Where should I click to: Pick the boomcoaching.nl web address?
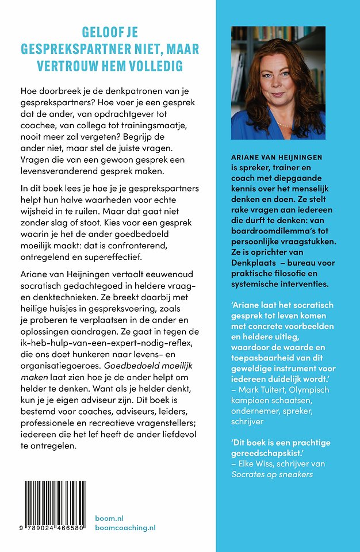(x=125, y=528)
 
